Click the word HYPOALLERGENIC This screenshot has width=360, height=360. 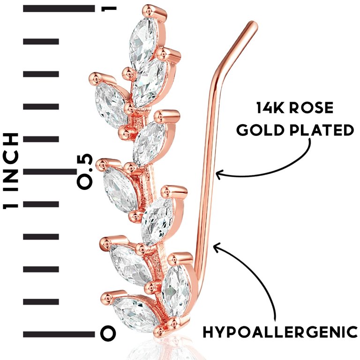(280, 332)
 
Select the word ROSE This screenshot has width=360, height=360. (311, 108)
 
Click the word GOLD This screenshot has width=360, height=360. (259, 130)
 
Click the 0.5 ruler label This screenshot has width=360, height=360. (85, 172)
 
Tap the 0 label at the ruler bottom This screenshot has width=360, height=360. (108, 332)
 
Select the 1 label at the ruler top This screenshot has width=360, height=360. (109, 9)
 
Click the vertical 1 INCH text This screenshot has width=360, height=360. (10, 171)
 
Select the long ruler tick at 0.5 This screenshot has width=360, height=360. (50, 172)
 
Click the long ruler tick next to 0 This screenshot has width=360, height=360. (59, 334)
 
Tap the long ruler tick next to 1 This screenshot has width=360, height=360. (59, 8)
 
